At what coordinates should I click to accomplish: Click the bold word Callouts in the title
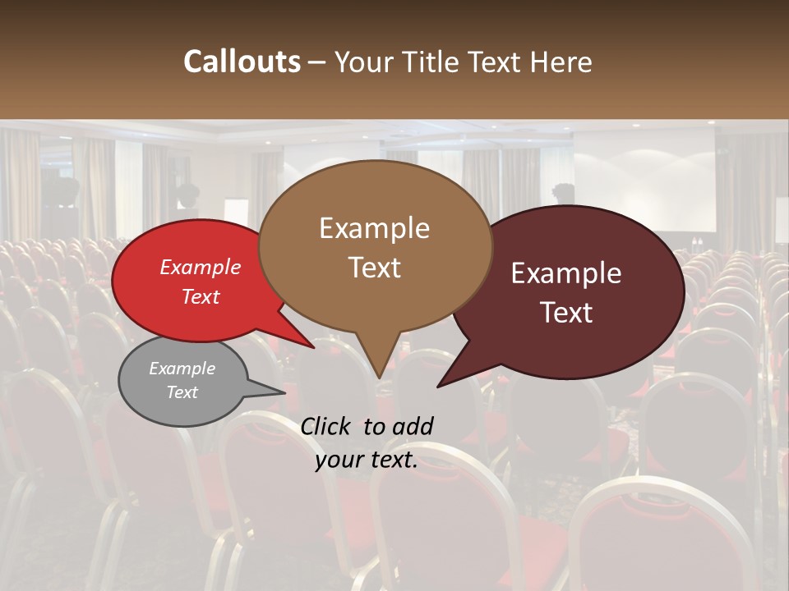click(x=242, y=62)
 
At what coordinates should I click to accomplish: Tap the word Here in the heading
click(x=561, y=62)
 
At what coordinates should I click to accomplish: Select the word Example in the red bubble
click(x=201, y=267)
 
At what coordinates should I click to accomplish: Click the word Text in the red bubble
click(x=201, y=296)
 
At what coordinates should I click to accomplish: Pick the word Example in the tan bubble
click(x=374, y=228)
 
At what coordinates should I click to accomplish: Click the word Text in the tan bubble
click(x=374, y=267)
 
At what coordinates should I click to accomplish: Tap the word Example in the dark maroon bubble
click(x=566, y=273)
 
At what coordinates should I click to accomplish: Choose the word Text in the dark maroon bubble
click(x=566, y=312)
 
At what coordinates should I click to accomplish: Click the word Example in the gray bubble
click(x=182, y=369)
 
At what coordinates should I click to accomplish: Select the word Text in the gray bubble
click(x=182, y=392)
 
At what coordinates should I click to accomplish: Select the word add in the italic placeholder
click(x=412, y=426)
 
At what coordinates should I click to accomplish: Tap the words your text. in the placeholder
click(x=367, y=460)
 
